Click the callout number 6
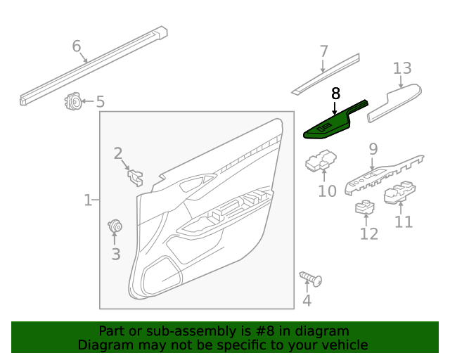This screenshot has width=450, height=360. click(77, 46)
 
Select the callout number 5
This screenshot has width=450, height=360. click(101, 102)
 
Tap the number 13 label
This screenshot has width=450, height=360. click(402, 68)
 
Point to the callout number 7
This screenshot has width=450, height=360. click(323, 51)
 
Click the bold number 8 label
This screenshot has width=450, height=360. click(335, 93)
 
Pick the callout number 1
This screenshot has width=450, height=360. click(88, 200)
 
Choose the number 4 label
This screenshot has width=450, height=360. click(307, 302)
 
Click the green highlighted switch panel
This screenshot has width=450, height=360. click(331, 124)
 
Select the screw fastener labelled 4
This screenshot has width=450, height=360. click(311, 279)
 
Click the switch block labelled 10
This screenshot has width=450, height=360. click(320, 162)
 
